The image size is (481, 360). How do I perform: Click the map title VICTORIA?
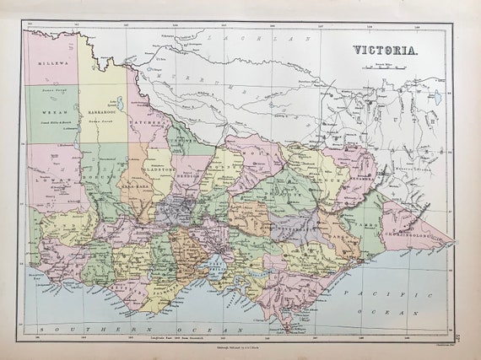pyautogui.click(x=390, y=49)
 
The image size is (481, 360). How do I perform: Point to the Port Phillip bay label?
pyautogui.click(x=216, y=266)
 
